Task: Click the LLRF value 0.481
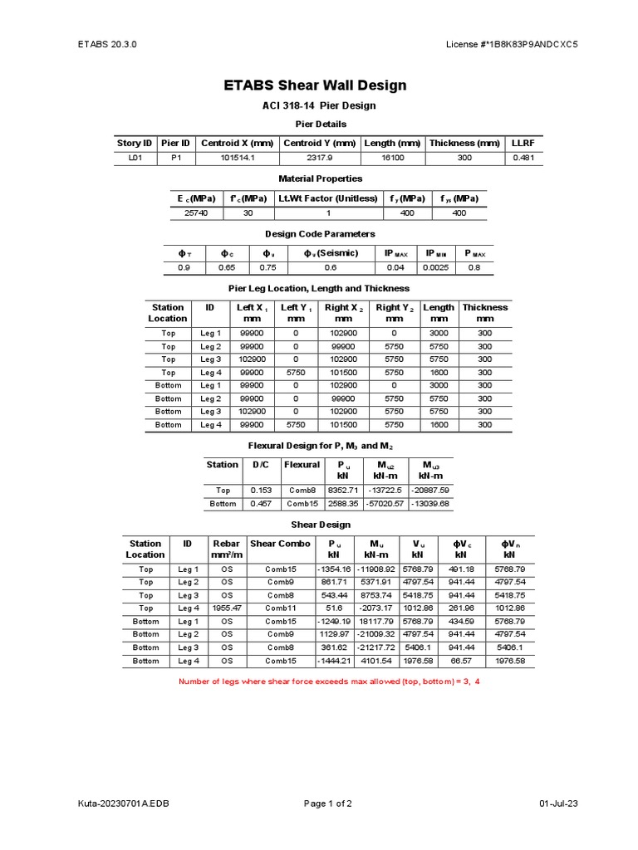(x=523, y=158)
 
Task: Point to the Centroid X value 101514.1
(x=237, y=158)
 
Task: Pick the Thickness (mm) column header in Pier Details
(x=464, y=143)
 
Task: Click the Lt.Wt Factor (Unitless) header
(x=328, y=198)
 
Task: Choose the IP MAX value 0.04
(x=394, y=267)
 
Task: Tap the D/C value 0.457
(x=261, y=503)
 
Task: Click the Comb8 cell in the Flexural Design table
(x=302, y=491)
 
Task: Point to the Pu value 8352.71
(x=341, y=491)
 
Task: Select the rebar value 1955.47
(x=226, y=608)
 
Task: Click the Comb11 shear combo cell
(x=281, y=608)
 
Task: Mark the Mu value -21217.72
(x=376, y=647)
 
